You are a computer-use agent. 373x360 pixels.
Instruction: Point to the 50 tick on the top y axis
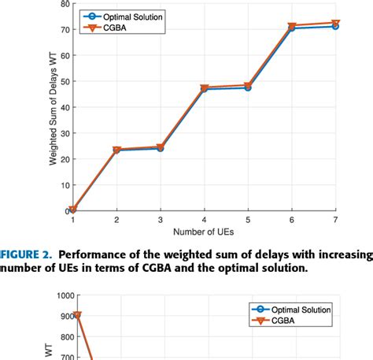(x=63, y=81)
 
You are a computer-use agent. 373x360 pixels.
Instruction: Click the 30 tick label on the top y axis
(x=63, y=133)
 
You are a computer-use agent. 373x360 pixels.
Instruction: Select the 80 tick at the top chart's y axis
(x=63, y=4)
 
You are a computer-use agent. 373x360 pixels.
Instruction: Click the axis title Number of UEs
(x=204, y=233)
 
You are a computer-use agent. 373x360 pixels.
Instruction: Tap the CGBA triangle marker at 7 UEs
(x=335, y=24)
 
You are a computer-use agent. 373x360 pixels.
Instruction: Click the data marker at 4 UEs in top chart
(x=204, y=88)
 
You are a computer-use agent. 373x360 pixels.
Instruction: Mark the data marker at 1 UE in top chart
(x=73, y=210)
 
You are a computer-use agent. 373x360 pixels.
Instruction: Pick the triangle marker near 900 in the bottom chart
(x=76, y=315)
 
